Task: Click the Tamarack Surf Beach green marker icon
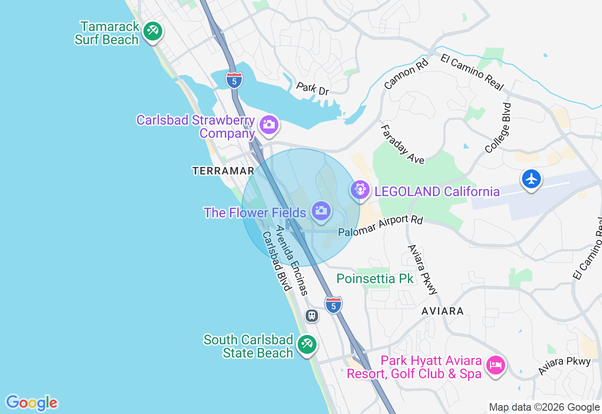coord(152,32)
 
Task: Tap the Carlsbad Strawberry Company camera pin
coord(269,125)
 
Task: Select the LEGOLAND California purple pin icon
coord(360,190)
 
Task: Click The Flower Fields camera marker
coord(321,210)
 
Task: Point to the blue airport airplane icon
coord(531,180)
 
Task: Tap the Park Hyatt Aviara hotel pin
coord(496,365)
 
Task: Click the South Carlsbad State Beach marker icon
coord(307,345)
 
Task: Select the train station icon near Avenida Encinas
coord(312,315)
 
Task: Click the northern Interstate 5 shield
coord(234,80)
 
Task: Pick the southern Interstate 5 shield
coord(333,304)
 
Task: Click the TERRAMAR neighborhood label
coord(223,171)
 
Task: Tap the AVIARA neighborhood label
coord(443,311)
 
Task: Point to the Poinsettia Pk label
coord(375,279)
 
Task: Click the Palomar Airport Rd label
coord(381,226)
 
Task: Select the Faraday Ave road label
coord(402,144)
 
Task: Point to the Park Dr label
coord(312,88)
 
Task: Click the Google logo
coord(32,403)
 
